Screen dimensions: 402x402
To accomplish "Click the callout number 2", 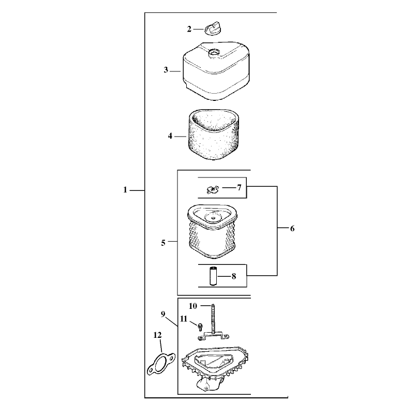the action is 189,29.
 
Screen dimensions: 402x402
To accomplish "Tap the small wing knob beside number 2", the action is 213,28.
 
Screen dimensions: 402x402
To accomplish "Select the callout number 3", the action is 166,70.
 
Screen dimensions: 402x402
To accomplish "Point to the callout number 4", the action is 170,136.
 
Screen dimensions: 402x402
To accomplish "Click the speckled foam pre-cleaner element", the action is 214,135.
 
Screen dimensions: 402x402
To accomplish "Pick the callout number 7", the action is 239,187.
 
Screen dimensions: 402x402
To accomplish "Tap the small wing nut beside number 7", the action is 213,189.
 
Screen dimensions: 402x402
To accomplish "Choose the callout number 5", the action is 163,243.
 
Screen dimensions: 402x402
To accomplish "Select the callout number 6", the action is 292,229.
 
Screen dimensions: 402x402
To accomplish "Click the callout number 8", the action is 234,276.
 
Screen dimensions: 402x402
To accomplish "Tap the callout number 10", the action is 193,306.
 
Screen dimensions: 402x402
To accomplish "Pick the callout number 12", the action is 157,335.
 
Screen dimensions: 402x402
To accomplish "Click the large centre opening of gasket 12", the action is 161,364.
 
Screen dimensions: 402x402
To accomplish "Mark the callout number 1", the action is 125,190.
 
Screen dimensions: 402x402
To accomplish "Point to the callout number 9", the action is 163,314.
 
